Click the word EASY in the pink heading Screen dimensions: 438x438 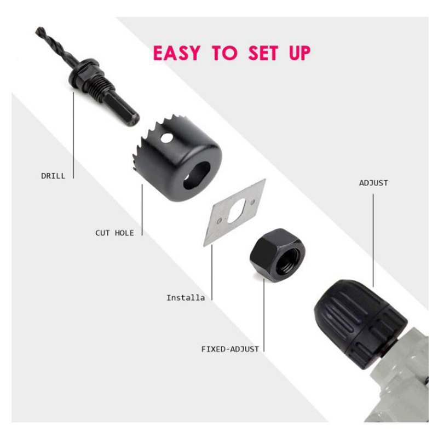177,53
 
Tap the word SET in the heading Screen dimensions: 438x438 263,53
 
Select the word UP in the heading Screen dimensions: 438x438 299,53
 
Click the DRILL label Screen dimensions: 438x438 53,176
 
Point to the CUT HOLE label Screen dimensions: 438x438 114,233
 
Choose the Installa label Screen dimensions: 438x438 186,298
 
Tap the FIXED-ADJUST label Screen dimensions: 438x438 230,349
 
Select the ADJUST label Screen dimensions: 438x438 373,183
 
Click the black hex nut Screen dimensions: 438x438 278,255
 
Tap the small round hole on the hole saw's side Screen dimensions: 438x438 167,138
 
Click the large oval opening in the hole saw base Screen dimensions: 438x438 197,175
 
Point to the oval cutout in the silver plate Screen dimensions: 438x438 237,211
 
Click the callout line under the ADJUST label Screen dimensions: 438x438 373,240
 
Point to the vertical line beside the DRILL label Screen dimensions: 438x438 73,135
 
